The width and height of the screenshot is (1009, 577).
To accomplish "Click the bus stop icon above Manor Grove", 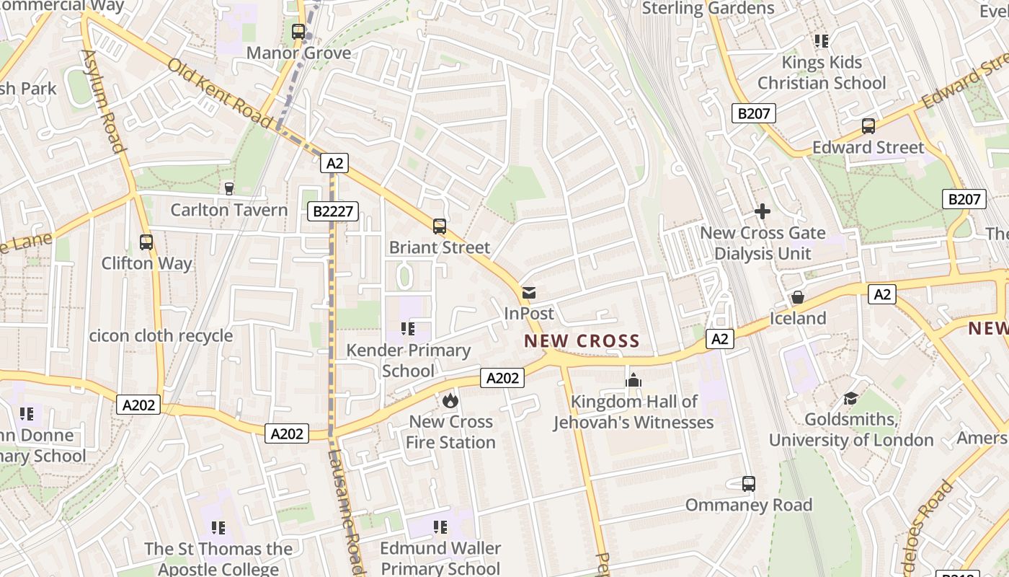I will click(298, 32).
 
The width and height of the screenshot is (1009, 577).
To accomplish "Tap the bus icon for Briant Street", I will click(440, 226).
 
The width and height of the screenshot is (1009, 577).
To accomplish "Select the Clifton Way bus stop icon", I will click(146, 242).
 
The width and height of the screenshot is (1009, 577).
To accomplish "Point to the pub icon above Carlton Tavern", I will click(229, 189).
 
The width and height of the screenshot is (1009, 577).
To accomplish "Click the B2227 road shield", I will click(332, 211).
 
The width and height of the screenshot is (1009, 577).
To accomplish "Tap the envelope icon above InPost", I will click(529, 293).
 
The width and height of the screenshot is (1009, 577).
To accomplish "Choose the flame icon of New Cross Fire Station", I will click(450, 400).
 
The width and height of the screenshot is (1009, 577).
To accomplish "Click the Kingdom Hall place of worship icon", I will click(634, 380).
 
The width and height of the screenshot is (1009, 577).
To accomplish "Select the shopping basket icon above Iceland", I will click(798, 297).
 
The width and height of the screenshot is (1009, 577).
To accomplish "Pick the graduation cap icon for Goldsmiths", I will click(850, 399).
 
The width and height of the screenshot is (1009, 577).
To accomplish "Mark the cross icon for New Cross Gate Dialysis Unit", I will click(763, 211).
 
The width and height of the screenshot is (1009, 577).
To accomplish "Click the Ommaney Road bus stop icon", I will click(749, 484).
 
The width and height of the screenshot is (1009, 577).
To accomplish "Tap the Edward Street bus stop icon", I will click(868, 126).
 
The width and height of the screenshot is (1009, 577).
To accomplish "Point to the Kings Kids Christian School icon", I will click(822, 41).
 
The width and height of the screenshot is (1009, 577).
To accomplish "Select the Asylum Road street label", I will click(105, 101).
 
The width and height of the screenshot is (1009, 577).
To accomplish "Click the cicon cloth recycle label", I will click(161, 335).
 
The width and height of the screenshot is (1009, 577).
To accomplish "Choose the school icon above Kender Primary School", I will click(408, 329).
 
